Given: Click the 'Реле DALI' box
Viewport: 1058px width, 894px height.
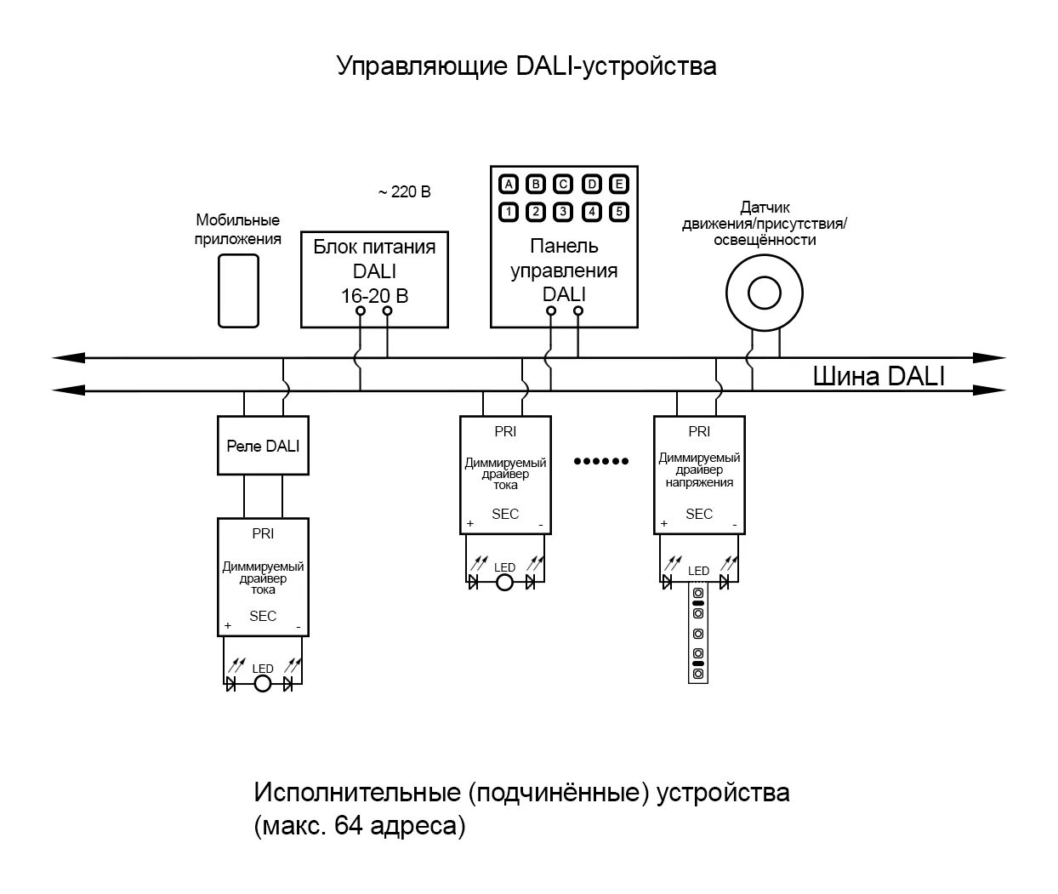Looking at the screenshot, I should [263, 446].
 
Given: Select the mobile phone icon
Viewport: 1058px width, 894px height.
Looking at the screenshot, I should [238, 289].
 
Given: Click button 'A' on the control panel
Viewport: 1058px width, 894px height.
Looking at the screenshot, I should [508, 185].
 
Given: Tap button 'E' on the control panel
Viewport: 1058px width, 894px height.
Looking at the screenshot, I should [619, 185].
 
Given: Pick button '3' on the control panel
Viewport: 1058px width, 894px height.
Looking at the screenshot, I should [563, 212].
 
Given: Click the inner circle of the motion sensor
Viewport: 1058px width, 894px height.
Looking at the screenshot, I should [764, 293].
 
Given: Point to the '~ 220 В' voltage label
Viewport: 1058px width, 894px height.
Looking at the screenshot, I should [404, 192].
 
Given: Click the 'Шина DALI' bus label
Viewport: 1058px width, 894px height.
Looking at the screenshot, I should [879, 377].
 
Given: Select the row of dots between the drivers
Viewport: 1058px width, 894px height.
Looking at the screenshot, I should [601, 461].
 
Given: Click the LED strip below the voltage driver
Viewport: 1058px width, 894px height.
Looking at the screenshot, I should [698, 634].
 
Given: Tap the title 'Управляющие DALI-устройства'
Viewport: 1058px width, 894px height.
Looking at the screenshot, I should [526, 65].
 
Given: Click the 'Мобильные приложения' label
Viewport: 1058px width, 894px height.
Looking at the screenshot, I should [238, 230].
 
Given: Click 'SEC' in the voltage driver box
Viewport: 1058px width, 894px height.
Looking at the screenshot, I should [699, 514].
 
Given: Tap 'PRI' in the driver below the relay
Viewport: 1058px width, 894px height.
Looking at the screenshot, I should [263, 534].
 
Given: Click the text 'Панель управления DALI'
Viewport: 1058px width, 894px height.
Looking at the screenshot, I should [564, 270].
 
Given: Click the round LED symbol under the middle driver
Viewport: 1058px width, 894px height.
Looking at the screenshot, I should [505, 583].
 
